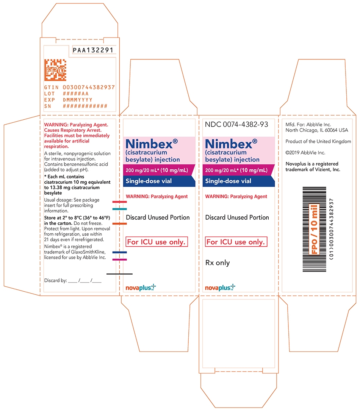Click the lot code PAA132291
point(92,50)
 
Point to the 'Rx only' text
point(217,263)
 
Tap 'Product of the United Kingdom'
point(318,141)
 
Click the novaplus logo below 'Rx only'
point(220,288)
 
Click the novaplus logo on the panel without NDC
point(141,288)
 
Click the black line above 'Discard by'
point(119,273)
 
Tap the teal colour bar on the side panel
point(119,209)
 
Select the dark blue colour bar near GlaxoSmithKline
point(119,252)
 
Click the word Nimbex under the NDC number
point(229,144)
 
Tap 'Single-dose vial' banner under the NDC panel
point(228,181)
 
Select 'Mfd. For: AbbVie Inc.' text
point(308,124)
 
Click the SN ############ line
point(76,106)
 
